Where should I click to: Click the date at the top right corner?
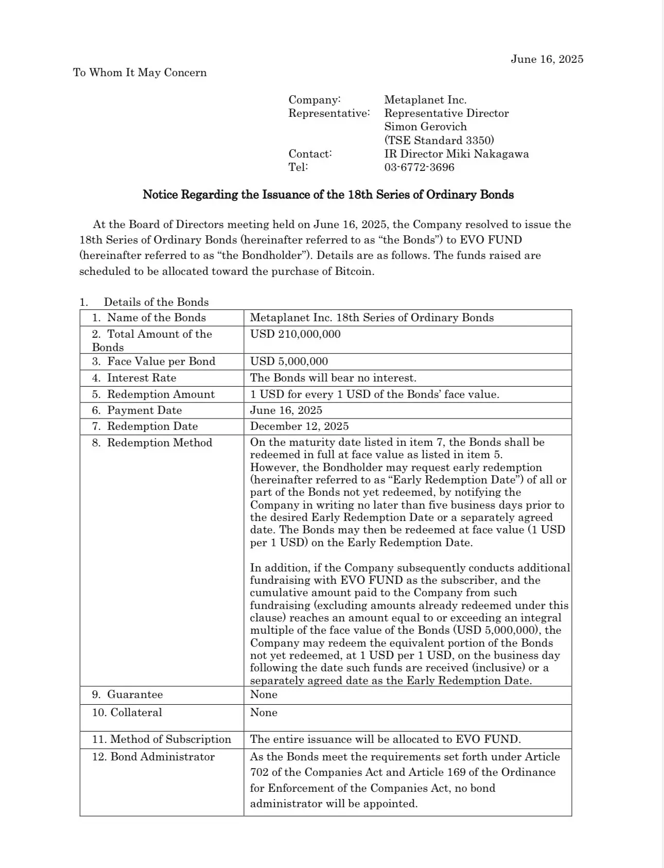click(547, 59)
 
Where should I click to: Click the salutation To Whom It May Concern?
click(140, 73)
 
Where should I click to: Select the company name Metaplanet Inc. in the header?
click(425, 100)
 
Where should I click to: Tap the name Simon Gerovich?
click(425, 127)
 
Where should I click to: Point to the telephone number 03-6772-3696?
click(419, 167)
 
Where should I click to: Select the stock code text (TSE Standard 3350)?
click(439, 140)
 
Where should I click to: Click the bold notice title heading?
click(328, 195)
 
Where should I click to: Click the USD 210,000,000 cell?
click(295, 334)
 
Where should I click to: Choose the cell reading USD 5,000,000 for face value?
click(289, 361)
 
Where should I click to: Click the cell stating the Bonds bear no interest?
click(333, 378)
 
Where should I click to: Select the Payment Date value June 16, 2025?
click(286, 410)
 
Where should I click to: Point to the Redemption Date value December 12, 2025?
click(299, 426)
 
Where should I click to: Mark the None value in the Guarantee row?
click(264, 695)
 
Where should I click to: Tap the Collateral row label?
click(136, 713)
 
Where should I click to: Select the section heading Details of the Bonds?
click(156, 302)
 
